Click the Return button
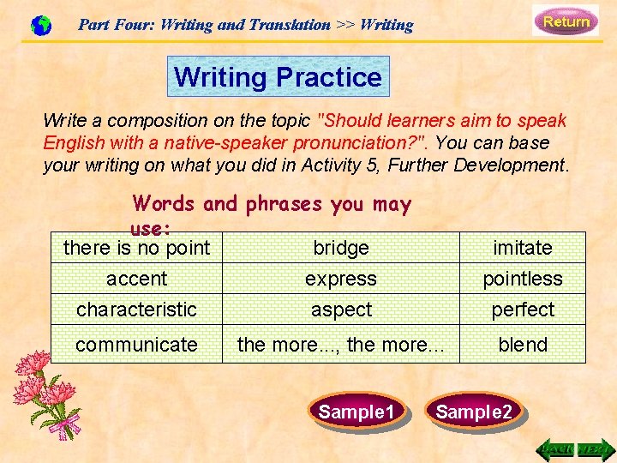[566, 21]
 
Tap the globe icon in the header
[40, 26]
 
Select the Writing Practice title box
[278, 77]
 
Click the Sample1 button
[356, 412]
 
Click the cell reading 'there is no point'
[136, 248]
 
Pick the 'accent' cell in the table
[136, 279]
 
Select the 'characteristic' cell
[136, 310]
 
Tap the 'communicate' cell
[136, 345]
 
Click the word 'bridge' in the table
[341, 248]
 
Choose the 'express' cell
[341, 279]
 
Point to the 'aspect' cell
[341, 310]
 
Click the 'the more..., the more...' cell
[341, 345]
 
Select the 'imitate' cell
[523, 248]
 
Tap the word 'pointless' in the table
[523, 279]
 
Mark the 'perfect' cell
[523, 310]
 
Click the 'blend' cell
[523, 345]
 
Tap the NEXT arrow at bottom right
[595, 448]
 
